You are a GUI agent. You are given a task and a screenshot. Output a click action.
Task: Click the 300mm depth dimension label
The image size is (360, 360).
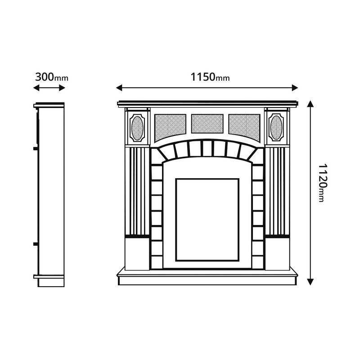pyautogui.click(x=51, y=76)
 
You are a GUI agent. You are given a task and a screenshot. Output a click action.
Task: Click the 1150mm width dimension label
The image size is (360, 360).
pyautogui.click(x=210, y=77)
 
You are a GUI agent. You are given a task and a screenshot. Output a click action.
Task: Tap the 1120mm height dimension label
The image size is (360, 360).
pyautogui.click(x=320, y=182)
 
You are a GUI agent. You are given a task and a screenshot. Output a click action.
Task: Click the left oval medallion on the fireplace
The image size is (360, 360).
pyautogui.click(x=138, y=127)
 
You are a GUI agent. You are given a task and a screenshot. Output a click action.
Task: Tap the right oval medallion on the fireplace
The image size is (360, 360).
pyautogui.click(x=276, y=127)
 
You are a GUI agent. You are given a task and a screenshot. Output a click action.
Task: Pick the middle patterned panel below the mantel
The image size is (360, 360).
pyautogui.click(x=207, y=124)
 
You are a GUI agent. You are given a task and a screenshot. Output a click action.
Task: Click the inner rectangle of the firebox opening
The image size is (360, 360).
pyautogui.click(x=207, y=219)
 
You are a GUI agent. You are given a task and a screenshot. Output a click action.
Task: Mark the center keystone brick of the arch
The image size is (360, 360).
pyautogui.click(x=207, y=148)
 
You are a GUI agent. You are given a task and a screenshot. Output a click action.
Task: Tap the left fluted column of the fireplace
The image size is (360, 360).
pyautogui.click(x=137, y=191)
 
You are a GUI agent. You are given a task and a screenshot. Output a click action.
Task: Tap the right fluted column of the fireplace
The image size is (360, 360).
pyautogui.click(x=276, y=191)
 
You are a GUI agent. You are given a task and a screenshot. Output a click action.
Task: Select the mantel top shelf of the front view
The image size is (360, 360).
pyautogui.click(x=207, y=103)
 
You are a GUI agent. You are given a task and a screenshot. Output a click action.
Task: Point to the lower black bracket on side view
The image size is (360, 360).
pyautogui.click(x=35, y=244)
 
